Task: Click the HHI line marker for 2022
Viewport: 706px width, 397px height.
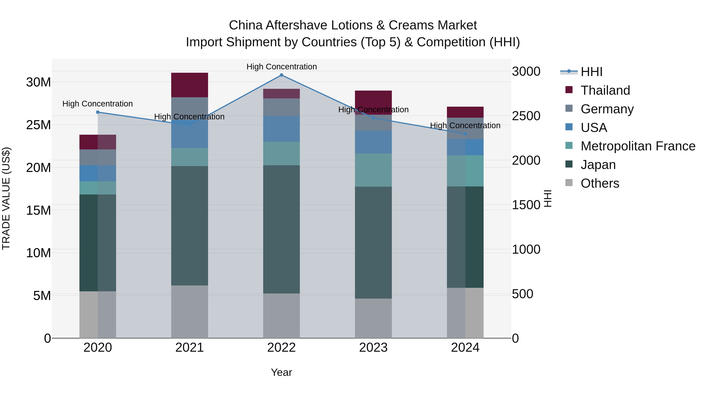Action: [281, 75]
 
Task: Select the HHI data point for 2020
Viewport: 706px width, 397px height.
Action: [98, 112]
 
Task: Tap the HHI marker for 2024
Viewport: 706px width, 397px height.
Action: [465, 134]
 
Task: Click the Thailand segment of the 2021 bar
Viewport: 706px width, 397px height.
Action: [189, 85]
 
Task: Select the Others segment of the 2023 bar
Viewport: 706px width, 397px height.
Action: [373, 318]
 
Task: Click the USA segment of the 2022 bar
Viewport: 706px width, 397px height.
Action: [281, 129]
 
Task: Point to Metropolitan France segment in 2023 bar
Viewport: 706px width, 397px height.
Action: [373, 170]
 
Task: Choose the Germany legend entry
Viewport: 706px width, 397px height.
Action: [607, 109]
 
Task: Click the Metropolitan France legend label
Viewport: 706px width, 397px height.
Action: [638, 146]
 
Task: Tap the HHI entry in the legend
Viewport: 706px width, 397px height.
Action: [591, 72]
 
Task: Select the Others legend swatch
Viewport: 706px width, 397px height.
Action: [569, 183]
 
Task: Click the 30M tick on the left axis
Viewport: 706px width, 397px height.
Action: [38, 82]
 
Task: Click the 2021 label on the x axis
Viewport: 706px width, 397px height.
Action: [189, 348]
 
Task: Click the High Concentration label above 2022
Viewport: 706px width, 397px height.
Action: [281, 67]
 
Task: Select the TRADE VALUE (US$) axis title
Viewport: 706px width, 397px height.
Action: [6, 198]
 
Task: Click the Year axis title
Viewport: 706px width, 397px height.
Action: [281, 372]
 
